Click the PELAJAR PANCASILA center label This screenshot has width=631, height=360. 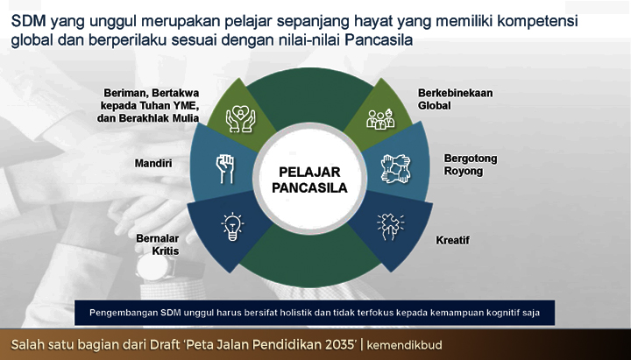pos(309,180)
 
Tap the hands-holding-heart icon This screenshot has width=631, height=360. pos(240,118)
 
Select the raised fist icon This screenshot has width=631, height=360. pos(225,169)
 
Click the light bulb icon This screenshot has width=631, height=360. pos(232,227)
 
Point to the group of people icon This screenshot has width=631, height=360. pos(380,119)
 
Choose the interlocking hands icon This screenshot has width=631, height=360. pos(395,169)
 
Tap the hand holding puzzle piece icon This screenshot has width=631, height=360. pos(390,227)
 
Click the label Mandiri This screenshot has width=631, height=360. pos(153,163)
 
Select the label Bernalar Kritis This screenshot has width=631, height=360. pos(158,244)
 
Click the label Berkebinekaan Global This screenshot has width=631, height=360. pos(455,99)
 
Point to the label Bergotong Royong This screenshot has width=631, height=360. pos(471,165)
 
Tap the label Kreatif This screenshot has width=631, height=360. pos(453,241)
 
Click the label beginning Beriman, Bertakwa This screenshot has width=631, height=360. pos(148,105)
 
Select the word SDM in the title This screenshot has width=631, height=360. pos(29,21)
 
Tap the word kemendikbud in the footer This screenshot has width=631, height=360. pos(404,345)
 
